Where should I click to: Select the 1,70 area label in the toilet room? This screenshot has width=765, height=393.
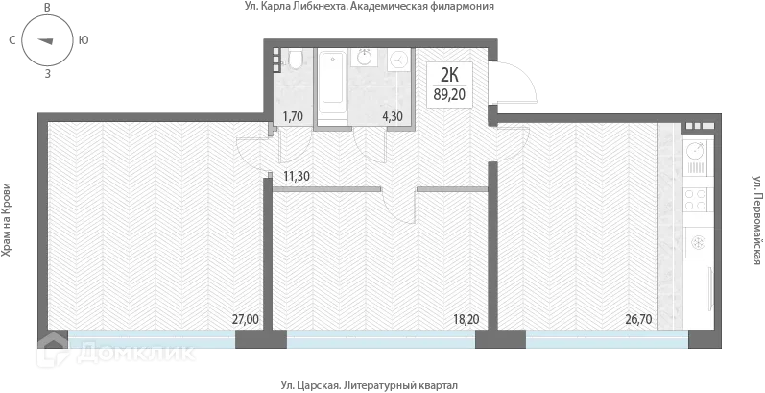click(x=292, y=117)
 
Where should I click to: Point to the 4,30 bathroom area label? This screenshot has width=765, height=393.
click(x=393, y=117)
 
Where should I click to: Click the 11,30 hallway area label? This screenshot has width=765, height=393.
click(x=296, y=176)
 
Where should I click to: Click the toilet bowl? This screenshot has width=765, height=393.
click(x=297, y=61)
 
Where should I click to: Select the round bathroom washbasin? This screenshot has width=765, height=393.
click(x=366, y=59)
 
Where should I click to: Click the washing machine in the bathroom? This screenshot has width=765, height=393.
click(x=398, y=61)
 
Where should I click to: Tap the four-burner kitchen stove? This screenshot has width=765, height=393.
click(x=697, y=201)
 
